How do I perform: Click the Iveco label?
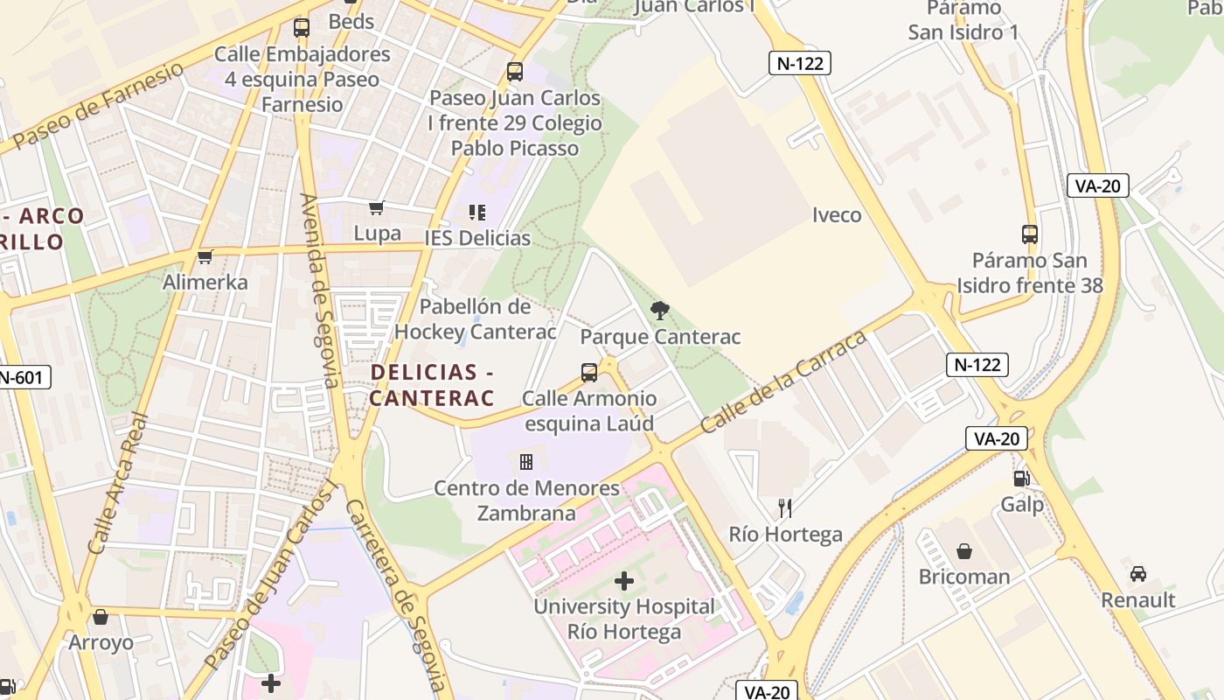click(x=837, y=215)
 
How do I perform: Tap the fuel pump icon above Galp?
click(x=1021, y=479)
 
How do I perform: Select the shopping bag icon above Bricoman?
click(x=964, y=551)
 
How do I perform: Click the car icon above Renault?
click(x=1137, y=574)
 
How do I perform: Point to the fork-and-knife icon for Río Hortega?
click(x=785, y=508)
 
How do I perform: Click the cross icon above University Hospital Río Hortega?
click(x=624, y=580)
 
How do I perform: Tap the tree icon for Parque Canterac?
click(x=660, y=310)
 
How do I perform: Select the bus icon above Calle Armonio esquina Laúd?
click(x=589, y=373)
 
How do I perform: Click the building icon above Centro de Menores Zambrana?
click(x=526, y=462)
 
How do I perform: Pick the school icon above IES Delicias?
click(x=477, y=212)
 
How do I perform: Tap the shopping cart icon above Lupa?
click(x=377, y=207)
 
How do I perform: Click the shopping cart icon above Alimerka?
click(x=205, y=256)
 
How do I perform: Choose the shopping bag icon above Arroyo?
click(x=101, y=617)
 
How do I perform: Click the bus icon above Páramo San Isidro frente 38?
click(x=1030, y=234)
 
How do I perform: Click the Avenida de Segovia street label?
click(x=318, y=290)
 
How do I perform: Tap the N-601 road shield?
click(x=22, y=378)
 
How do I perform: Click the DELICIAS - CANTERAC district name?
click(x=432, y=385)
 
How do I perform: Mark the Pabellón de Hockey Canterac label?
click(x=475, y=319)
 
